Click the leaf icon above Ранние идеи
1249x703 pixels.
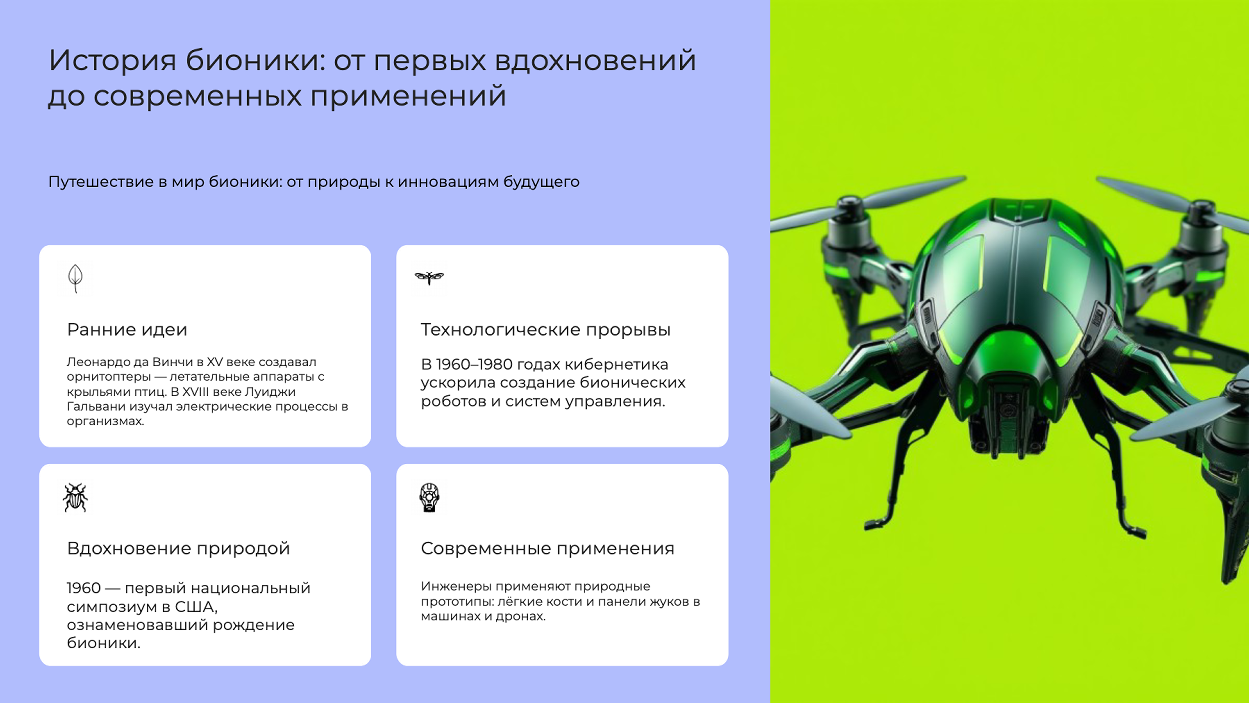tap(75, 278)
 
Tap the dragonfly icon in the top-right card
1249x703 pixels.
tap(429, 278)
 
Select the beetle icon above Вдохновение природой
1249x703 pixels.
tap(75, 497)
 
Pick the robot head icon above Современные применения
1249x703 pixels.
tap(429, 497)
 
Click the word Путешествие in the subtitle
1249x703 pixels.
tap(101, 182)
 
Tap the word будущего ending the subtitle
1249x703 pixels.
tap(541, 182)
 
